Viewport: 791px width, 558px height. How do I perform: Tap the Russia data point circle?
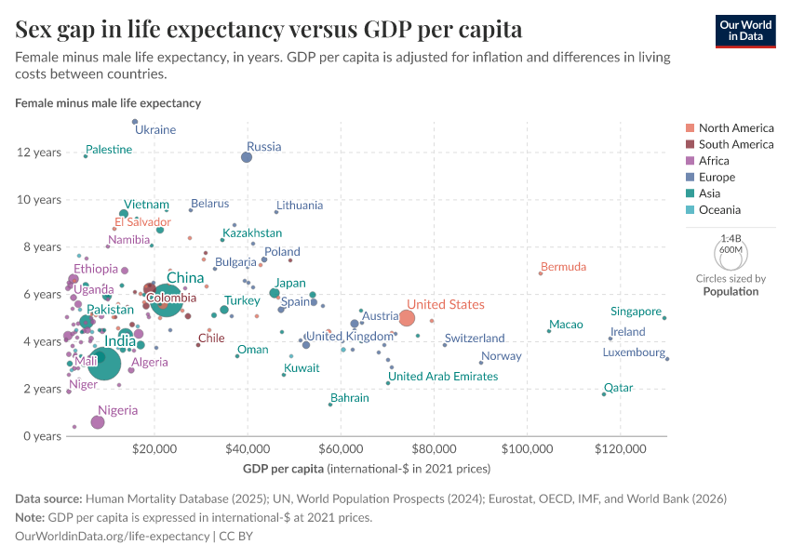247,157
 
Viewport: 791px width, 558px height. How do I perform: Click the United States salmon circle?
407,318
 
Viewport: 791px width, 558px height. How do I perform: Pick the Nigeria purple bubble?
98,422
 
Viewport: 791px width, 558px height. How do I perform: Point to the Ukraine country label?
155,130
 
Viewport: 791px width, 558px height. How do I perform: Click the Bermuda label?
563,267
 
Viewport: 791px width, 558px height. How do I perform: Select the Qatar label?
618,388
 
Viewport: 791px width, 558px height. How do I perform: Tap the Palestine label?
109,150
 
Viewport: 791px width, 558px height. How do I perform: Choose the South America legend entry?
735,144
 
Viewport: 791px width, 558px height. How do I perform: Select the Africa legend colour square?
689,161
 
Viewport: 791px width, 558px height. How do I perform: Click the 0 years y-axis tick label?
41,436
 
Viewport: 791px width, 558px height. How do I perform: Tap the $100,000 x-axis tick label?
527,448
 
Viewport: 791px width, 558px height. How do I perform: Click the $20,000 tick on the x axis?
154,448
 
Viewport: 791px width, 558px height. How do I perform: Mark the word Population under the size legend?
731,291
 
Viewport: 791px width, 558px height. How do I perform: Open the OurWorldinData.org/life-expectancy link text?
113,537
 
